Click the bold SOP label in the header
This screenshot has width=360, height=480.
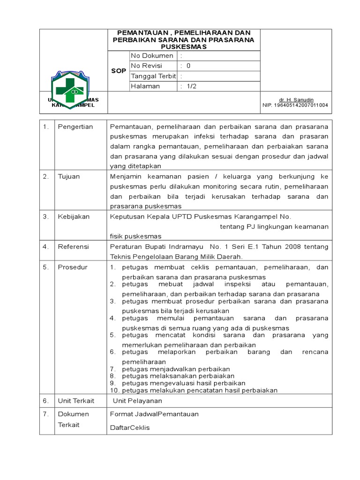pyautogui.click(x=118, y=71)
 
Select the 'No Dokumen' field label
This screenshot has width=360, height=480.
pyautogui.click(x=152, y=56)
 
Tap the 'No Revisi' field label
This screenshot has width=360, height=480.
pyautogui.click(x=148, y=66)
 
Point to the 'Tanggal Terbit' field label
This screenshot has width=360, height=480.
pyautogui.click(x=153, y=76)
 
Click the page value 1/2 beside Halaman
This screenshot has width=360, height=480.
pyautogui.click(x=192, y=86)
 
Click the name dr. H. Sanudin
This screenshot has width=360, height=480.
pyautogui.click(x=296, y=100)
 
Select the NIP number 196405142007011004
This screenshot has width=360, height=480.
pyautogui.click(x=295, y=105)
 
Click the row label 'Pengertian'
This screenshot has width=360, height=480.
pyautogui.click(x=75, y=127)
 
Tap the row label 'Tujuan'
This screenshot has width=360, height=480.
pyautogui.click(x=69, y=177)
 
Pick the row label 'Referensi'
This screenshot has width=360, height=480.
pyautogui.click(x=73, y=247)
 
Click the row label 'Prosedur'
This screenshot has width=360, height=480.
pyautogui.click(x=73, y=267)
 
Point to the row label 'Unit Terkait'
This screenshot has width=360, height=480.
pyautogui.click(x=76, y=401)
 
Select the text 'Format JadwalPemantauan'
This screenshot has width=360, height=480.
pyautogui.click(x=154, y=414)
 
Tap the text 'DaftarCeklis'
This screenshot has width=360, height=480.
pyautogui.click(x=130, y=428)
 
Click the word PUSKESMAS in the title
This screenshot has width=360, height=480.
pyautogui.click(x=183, y=47)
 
